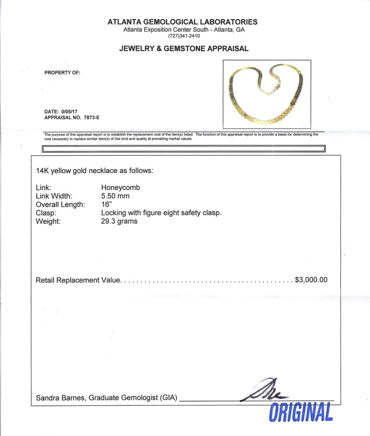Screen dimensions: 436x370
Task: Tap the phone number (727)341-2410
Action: click(184, 36)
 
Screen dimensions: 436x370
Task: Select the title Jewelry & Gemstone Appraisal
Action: click(184, 48)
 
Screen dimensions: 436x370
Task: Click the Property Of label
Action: click(62, 73)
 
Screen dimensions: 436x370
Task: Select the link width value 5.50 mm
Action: click(115, 196)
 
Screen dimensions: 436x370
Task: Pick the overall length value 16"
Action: click(106, 204)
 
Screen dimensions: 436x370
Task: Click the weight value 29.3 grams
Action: click(119, 221)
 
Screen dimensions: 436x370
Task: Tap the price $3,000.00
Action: click(311, 280)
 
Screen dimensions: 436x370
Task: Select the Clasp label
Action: click(46, 213)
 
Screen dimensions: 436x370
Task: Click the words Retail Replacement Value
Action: click(77, 280)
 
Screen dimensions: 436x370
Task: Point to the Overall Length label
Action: click(61, 204)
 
